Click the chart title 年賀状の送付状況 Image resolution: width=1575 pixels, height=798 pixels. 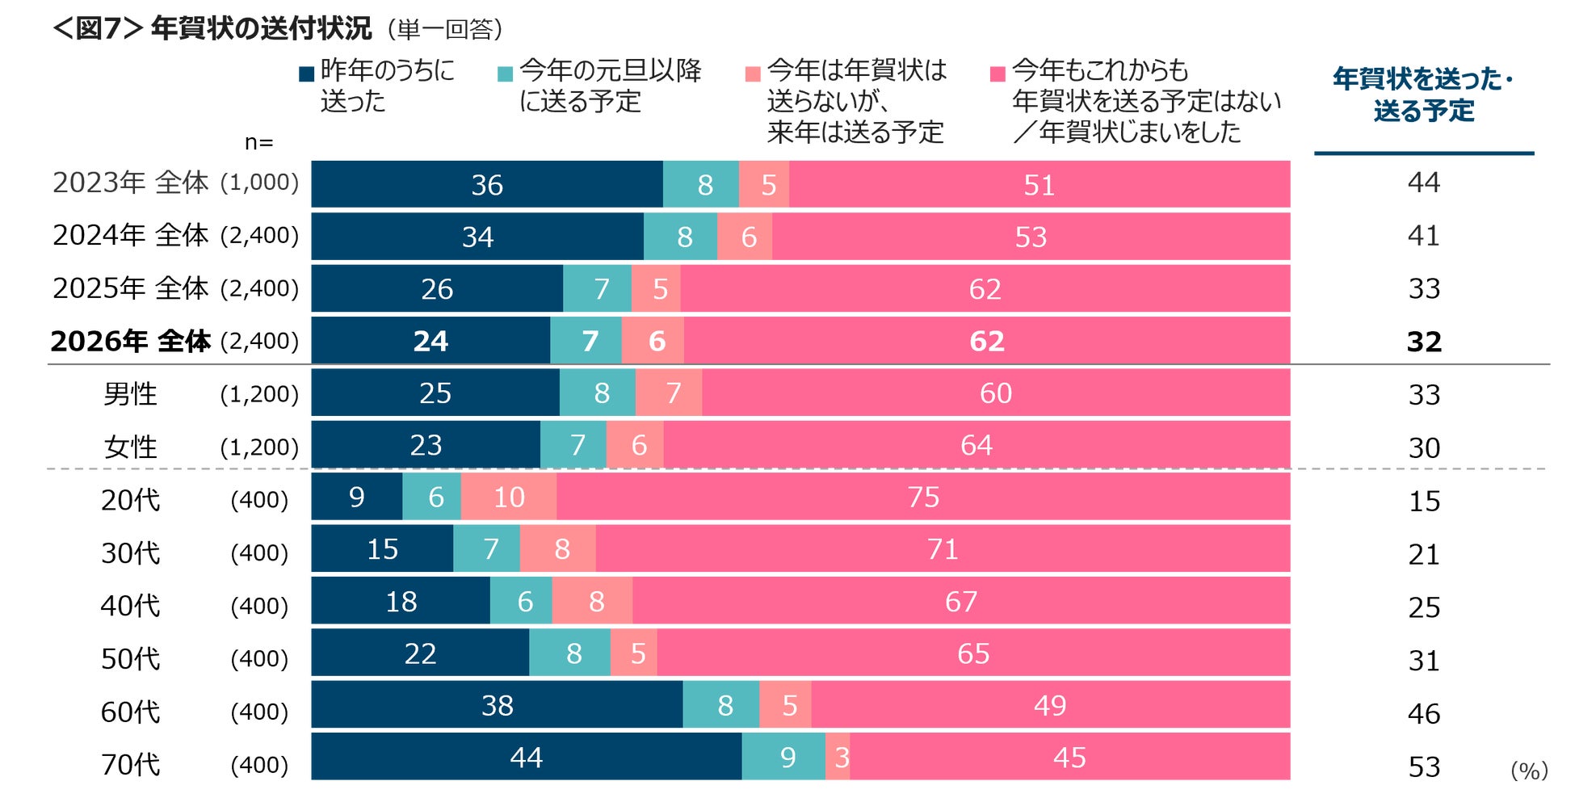[x=260, y=28]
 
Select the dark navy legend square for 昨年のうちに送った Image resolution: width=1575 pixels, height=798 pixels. [x=306, y=74]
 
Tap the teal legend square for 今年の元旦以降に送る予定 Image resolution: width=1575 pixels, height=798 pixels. [x=505, y=74]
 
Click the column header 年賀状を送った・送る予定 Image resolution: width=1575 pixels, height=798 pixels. [x=1423, y=94]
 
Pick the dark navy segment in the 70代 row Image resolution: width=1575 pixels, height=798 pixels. [x=526, y=757]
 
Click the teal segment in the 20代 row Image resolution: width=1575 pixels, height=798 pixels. [x=432, y=497]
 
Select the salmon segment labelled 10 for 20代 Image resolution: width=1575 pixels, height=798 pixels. [x=509, y=497]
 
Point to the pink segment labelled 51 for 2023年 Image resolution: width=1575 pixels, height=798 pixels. [x=1039, y=185]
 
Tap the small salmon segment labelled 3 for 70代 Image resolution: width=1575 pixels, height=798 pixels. [x=838, y=757]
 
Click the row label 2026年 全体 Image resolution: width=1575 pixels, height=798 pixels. [x=131, y=341]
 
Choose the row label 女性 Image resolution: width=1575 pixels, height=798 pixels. [x=130, y=446]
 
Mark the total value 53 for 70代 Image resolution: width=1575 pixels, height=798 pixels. [x=1424, y=766]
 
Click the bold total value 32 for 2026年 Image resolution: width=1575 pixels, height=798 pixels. [x=1424, y=342]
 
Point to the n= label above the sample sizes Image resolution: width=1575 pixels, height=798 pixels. [x=258, y=142]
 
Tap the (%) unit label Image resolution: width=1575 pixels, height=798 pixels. [x=1529, y=771]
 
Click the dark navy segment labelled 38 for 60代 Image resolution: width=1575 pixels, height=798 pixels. [x=497, y=705]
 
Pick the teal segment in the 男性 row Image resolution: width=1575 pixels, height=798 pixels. [x=598, y=393]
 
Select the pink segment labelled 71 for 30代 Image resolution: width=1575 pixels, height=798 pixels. [x=943, y=549]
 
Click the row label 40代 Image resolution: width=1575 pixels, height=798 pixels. [x=130, y=606]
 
